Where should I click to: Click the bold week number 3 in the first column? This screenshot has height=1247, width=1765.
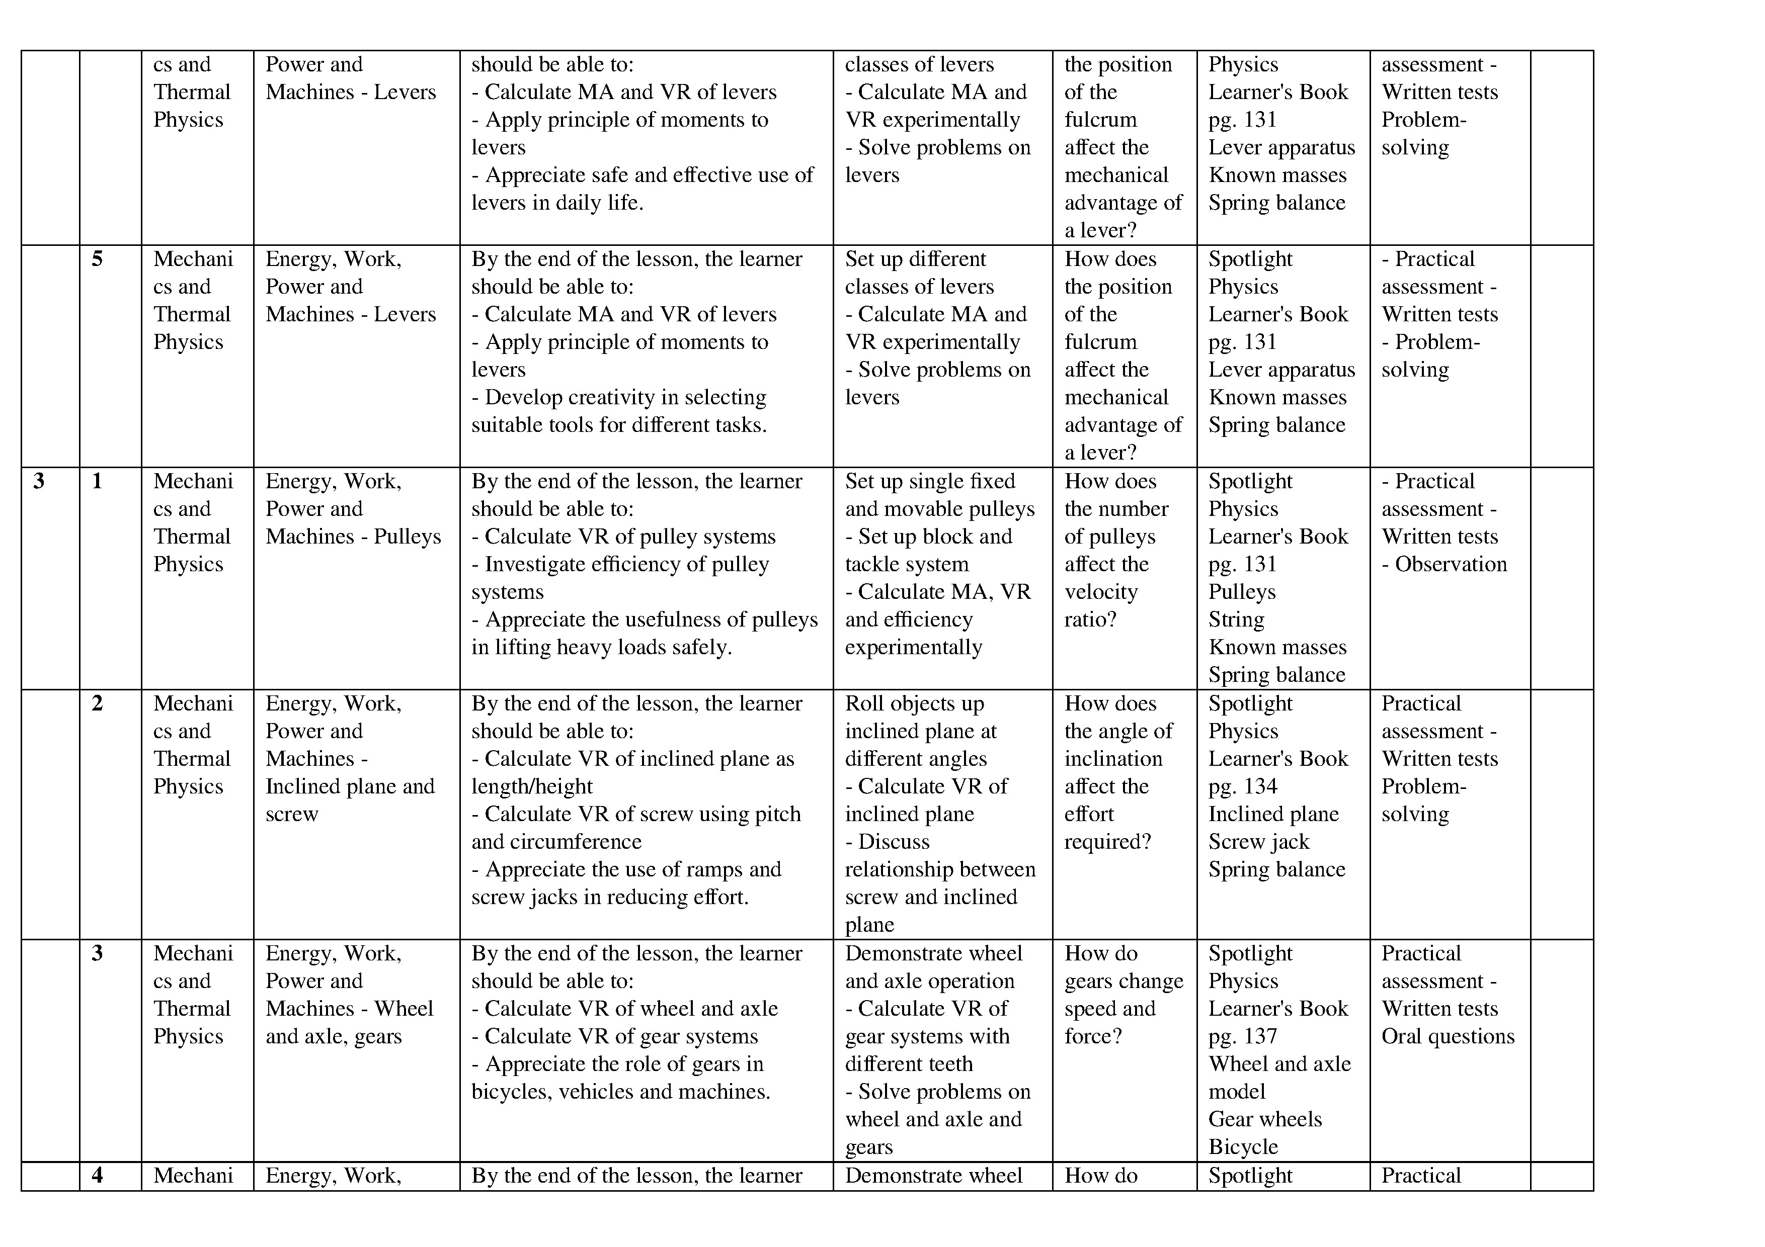point(38,482)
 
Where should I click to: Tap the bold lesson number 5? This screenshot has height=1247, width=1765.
point(97,259)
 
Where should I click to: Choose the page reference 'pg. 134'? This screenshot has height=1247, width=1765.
point(1242,787)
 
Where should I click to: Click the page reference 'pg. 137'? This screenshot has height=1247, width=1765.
point(1242,1036)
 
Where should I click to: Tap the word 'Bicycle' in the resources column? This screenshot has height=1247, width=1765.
point(1242,1147)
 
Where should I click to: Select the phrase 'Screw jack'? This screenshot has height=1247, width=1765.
point(1258,842)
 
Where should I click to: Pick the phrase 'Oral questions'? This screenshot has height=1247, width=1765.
point(1448,1036)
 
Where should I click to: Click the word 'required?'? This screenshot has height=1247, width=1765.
point(1107,842)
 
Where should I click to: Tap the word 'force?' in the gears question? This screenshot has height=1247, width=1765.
point(1092,1036)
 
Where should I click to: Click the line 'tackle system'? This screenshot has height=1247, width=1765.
point(906,565)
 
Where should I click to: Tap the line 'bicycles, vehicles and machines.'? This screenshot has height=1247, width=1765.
point(620,1092)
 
